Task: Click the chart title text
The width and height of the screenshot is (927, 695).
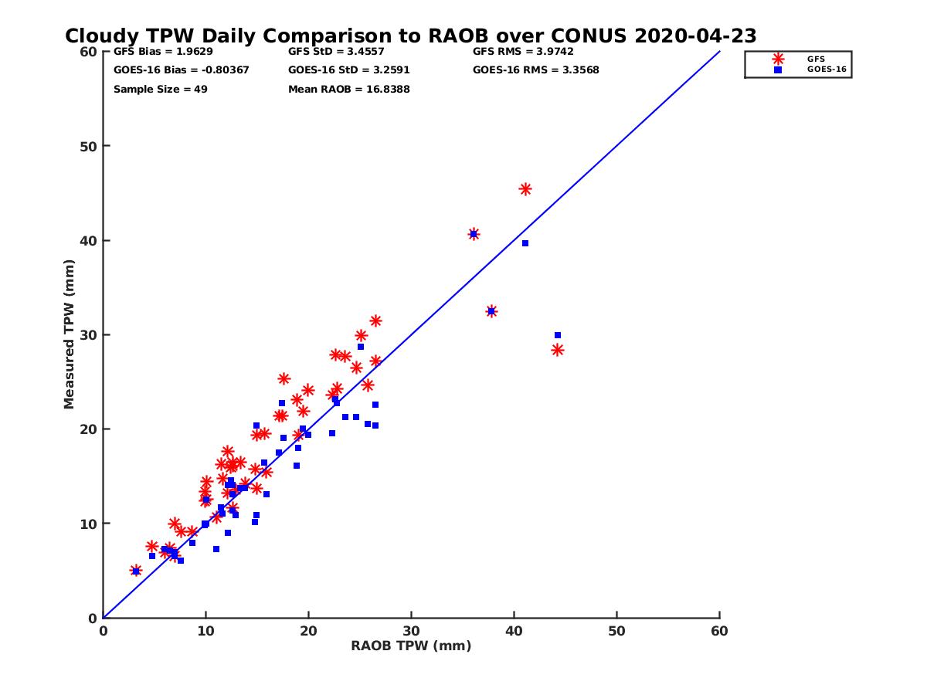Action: point(410,36)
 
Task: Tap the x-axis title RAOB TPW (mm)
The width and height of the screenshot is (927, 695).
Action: point(411,646)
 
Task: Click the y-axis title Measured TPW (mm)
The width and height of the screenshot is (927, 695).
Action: point(70,334)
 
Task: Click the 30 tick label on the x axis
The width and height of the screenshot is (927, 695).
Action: point(411,631)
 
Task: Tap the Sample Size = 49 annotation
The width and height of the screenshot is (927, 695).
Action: point(161,89)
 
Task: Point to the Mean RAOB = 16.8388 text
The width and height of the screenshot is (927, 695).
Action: point(349,89)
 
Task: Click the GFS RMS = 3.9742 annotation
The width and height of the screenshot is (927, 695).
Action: point(523,52)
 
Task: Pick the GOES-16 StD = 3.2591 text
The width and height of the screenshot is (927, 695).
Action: point(349,70)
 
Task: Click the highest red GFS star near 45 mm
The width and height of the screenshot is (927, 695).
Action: point(525,189)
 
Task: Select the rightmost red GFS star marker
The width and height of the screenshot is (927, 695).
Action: point(557,350)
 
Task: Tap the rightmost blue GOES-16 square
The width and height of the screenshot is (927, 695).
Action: point(557,335)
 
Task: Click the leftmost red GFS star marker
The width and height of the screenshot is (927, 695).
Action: point(135,571)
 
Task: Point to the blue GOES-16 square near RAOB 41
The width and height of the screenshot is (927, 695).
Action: point(525,243)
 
